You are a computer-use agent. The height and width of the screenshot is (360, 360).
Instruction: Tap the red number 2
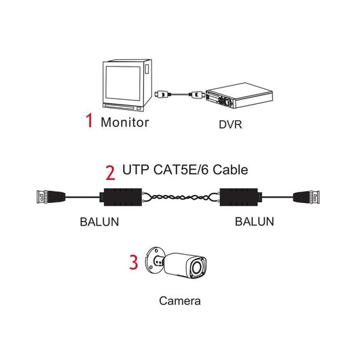(x=110, y=170)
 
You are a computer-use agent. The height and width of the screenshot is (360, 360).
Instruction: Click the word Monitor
(x=124, y=123)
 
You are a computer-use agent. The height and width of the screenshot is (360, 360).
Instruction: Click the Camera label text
(x=179, y=300)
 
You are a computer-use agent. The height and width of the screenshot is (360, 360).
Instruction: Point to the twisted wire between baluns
(x=179, y=198)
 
